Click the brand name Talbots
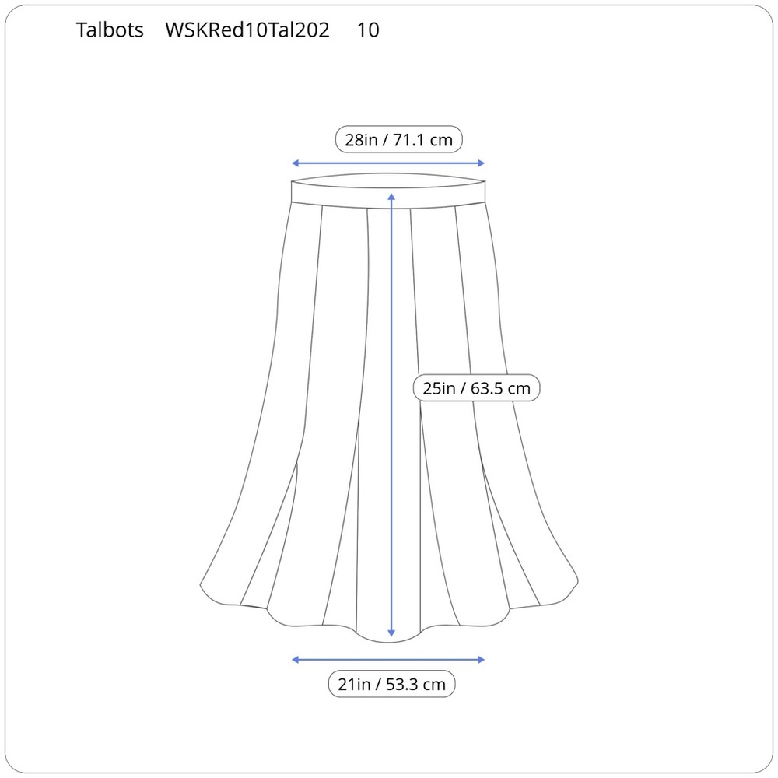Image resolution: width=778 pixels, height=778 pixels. tap(110, 30)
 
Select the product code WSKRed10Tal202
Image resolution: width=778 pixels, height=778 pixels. tap(247, 30)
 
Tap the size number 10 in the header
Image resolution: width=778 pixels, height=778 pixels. tap(368, 30)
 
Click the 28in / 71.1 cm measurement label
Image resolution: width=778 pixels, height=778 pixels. tap(399, 140)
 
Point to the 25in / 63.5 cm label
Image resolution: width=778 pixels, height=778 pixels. tap(476, 388)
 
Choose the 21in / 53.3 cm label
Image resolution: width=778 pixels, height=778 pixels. tap(391, 684)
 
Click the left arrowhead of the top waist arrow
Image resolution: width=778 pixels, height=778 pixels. tap(295, 163)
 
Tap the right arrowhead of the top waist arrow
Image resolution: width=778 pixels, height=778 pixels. tap(482, 163)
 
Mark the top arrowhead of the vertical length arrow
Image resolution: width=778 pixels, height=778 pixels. tap(391, 197)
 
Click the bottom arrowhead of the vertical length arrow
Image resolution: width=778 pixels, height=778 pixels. tap(391, 633)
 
